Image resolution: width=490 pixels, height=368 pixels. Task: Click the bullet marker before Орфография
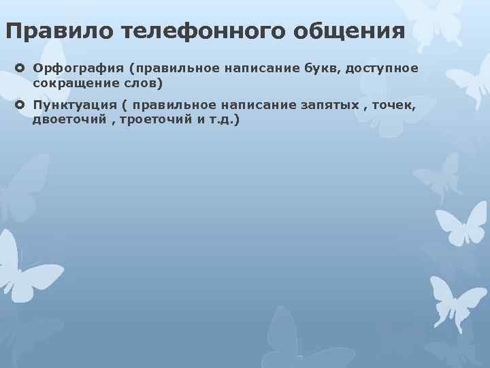click(20, 68)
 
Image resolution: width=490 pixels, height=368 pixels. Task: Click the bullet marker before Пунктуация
click(20, 105)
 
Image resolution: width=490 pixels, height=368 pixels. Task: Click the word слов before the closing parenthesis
click(140, 82)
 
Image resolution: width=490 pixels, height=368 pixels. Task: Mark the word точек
click(395, 105)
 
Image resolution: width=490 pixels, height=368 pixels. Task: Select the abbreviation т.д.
click(219, 119)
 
